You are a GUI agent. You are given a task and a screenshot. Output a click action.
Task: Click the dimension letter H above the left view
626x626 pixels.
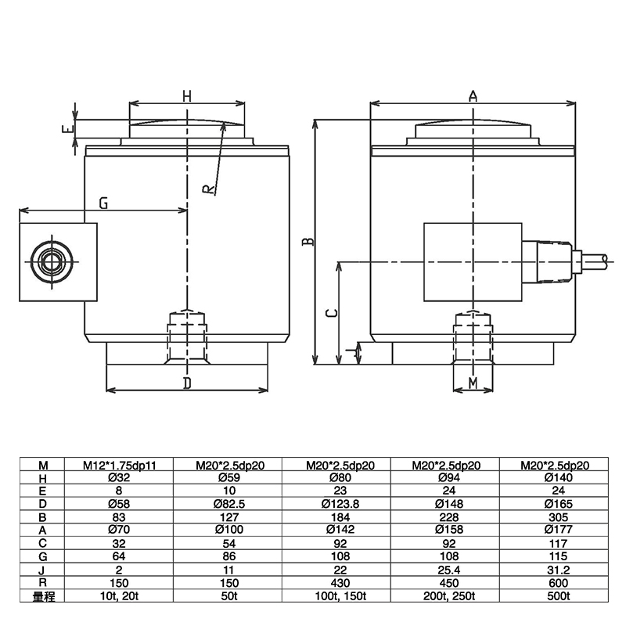187,96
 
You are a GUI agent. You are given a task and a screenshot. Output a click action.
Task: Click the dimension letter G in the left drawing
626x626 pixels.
103,203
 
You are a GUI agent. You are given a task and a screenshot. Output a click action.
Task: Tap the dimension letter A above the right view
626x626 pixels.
473,96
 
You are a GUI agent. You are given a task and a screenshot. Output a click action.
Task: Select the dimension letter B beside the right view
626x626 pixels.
309,243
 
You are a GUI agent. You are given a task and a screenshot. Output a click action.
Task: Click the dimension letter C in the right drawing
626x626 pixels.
332,312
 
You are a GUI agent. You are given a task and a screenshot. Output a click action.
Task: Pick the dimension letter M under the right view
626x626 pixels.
473,382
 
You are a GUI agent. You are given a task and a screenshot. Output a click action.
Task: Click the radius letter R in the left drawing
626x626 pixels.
208,189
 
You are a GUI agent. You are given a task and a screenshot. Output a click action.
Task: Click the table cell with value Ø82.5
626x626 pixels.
230,505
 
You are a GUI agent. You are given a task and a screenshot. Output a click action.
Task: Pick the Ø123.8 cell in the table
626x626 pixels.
340,505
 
